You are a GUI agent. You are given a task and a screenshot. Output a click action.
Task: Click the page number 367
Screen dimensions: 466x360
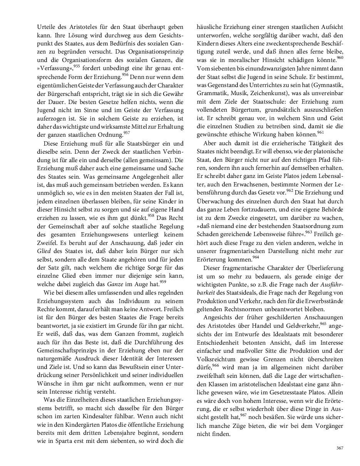[339, 448]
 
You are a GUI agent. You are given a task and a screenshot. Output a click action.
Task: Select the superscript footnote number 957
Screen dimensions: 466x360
[127, 133]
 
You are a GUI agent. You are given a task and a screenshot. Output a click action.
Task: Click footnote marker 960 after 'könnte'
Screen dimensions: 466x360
[340, 57]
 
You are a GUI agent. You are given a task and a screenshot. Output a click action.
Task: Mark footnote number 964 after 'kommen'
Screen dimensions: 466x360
[256, 257]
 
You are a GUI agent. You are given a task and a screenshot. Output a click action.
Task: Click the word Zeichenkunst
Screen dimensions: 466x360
[268, 93]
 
